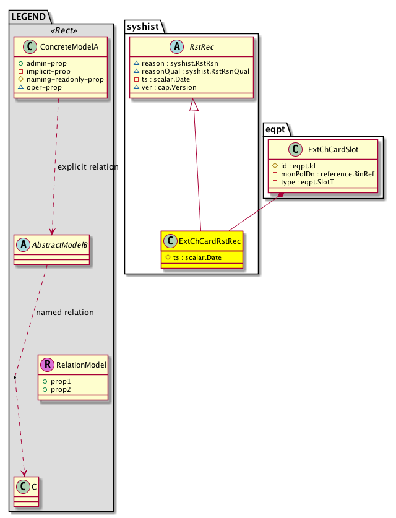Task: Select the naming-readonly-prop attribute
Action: [56, 79]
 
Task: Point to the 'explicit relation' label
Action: [87, 167]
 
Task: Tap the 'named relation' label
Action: [65, 313]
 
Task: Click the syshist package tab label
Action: [142, 25]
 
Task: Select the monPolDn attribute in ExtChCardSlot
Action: [323, 175]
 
